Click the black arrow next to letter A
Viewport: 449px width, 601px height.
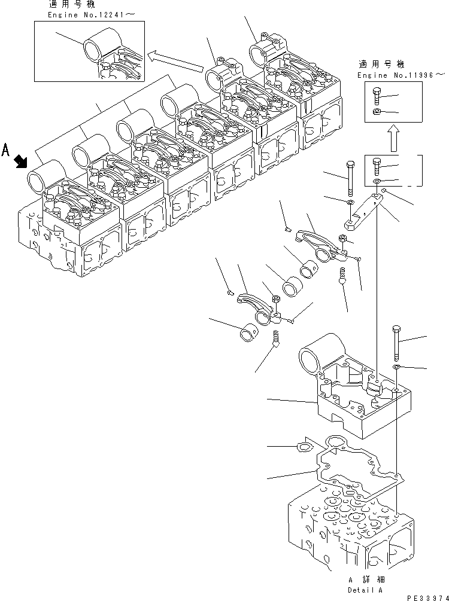click(x=21, y=160)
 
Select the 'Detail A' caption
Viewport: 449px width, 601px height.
click(x=366, y=588)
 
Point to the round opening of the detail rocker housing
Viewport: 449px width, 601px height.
click(x=310, y=361)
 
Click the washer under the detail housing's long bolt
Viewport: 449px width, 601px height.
click(x=397, y=365)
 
